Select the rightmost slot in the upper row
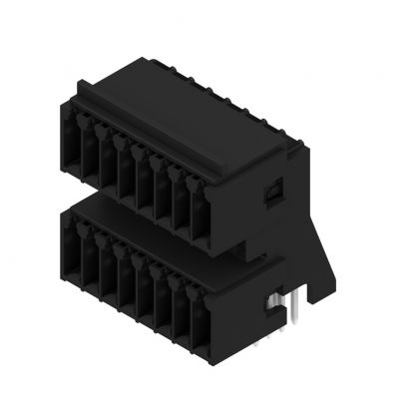(201, 217)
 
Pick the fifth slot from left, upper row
(146, 183)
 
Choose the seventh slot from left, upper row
(183, 205)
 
